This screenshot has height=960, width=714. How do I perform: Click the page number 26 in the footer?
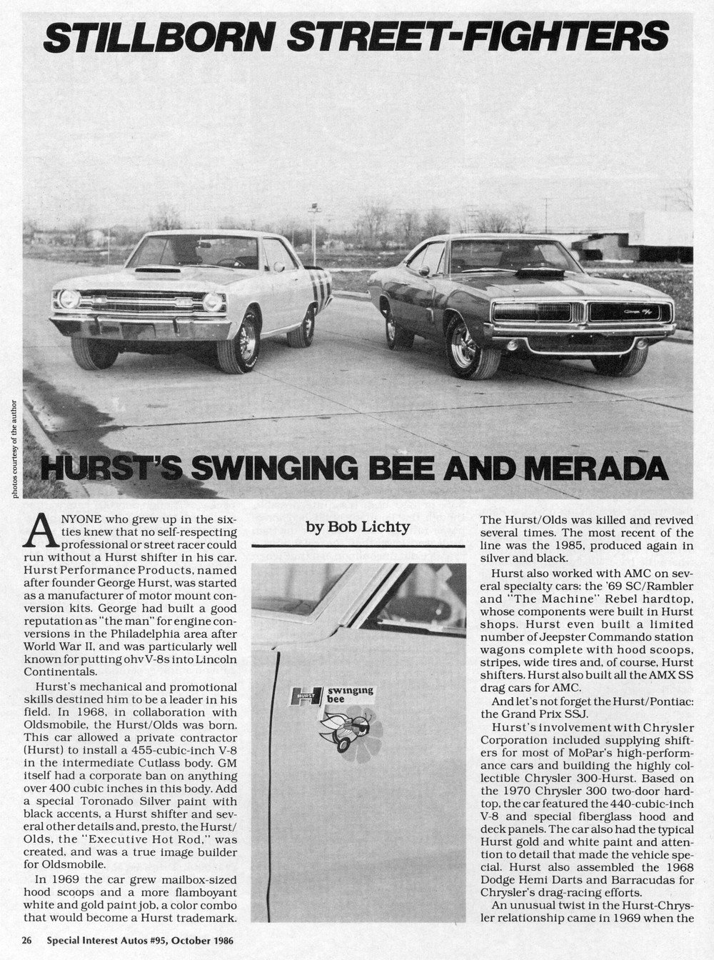click(x=26, y=941)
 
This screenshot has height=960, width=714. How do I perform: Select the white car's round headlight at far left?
click(x=69, y=299)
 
